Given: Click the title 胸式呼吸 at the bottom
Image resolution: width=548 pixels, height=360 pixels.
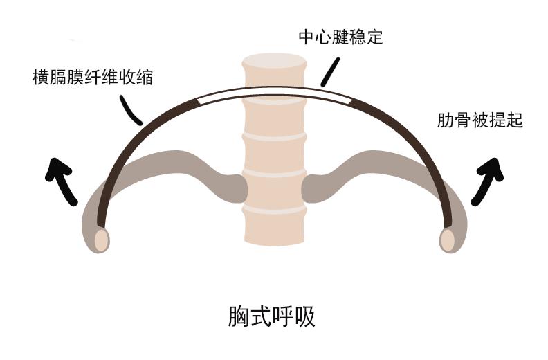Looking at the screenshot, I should [272, 316].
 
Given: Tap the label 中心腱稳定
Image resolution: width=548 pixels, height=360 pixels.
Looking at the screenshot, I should [340, 37].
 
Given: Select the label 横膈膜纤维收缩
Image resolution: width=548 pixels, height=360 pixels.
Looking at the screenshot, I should [93, 77].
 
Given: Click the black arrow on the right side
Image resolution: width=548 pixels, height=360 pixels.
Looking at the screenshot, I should [488, 180].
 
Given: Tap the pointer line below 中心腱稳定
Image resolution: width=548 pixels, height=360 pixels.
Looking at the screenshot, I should [331, 71].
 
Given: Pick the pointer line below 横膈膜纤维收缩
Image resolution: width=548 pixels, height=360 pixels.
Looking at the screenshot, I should [131, 110].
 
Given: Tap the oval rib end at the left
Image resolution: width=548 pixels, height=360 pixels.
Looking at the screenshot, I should [101, 239].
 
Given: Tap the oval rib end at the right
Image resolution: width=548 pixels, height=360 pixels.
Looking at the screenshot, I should [447, 239].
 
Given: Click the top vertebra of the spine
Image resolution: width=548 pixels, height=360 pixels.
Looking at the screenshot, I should [273, 72].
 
